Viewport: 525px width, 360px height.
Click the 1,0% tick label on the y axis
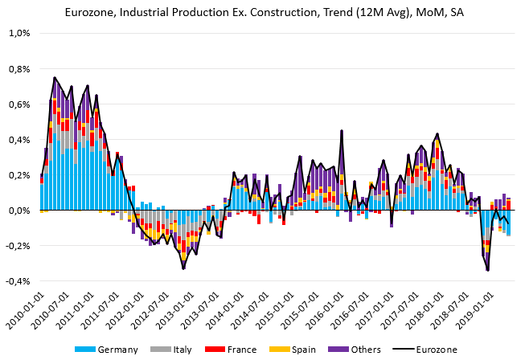click(18, 33)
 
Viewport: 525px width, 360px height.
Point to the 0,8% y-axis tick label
click(18, 68)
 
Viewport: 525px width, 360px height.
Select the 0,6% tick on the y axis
click(18, 104)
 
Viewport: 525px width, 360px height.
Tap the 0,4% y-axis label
click(18, 139)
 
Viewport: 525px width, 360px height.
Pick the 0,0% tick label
click(18, 210)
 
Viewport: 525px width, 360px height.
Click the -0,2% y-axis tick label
click(17, 245)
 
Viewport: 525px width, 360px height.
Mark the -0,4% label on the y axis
click(17, 280)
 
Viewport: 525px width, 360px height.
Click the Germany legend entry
click(113, 350)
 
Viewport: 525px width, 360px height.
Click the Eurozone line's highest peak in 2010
click(55, 78)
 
